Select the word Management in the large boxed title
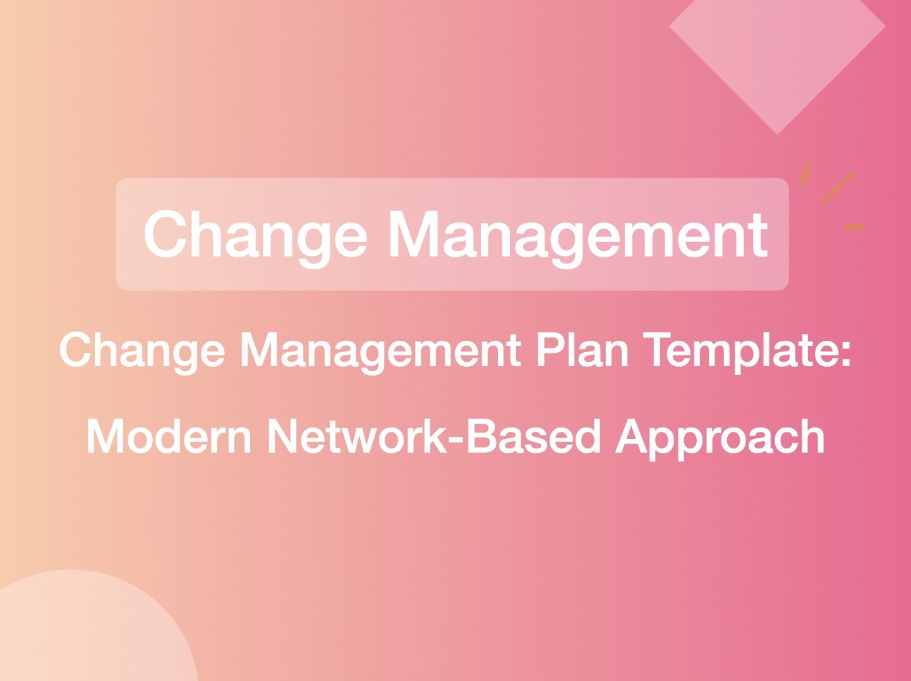[577, 235]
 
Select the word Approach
[720, 438]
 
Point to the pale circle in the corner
[82, 632]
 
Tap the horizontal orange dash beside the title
[854, 227]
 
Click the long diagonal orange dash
[838, 188]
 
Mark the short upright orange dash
[805, 174]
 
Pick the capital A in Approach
[634, 436]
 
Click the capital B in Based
[482, 436]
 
